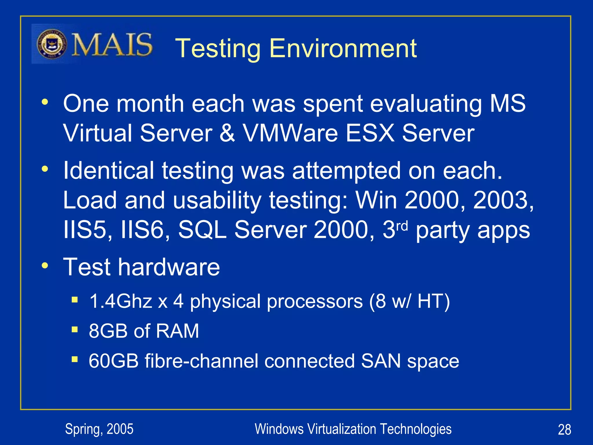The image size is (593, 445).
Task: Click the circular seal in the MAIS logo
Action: [x=52, y=44]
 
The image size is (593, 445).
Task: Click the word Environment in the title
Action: [x=343, y=48]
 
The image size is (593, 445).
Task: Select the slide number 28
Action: [x=564, y=430]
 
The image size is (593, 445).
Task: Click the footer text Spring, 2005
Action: [x=99, y=429]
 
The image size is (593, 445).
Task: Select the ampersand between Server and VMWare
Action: [x=227, y=133]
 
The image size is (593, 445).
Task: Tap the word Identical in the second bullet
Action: [x=109, y=171]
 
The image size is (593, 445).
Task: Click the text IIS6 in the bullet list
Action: [x=142, y=230]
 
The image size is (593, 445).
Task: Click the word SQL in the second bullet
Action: [x=202, y=230]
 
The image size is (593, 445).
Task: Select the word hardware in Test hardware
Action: [x=169, y=267]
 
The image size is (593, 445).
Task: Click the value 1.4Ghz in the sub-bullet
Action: [x=121, y=301]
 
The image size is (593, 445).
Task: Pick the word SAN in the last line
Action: [x=381, y=361]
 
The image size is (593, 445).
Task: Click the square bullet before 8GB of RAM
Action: [x=75, y=329]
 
